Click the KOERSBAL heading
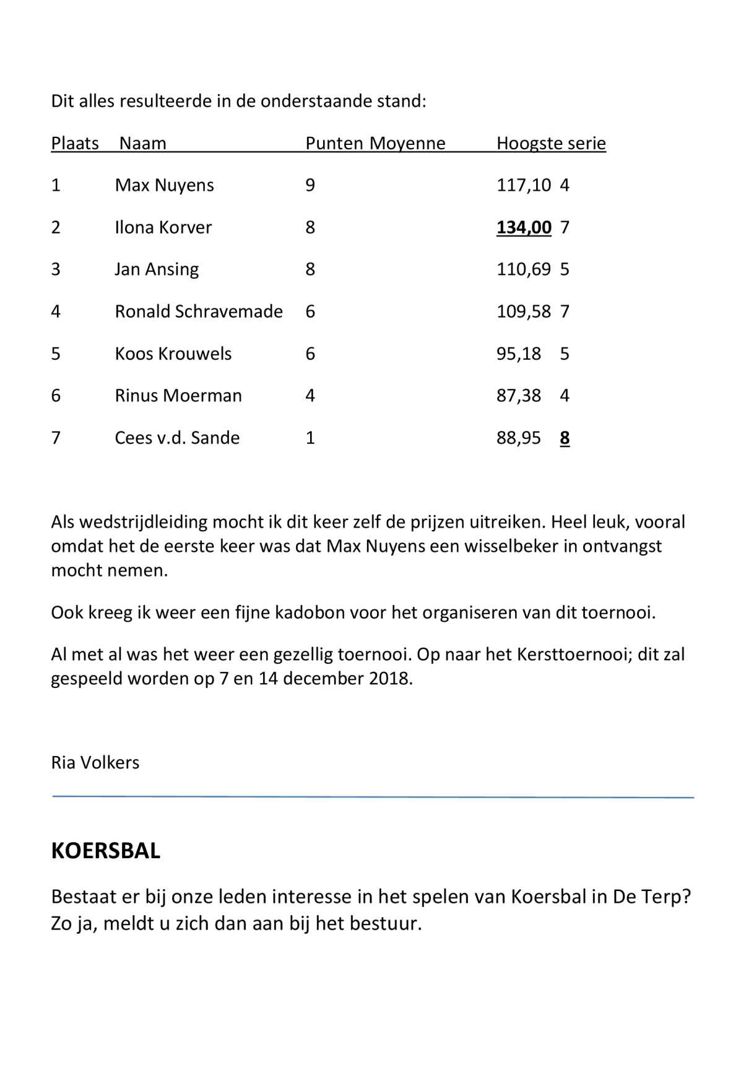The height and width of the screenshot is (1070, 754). [105, 851]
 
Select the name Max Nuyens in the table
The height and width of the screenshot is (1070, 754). [164, 185]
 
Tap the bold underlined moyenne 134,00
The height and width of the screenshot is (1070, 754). [524, 227]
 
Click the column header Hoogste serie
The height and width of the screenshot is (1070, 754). [551, 143]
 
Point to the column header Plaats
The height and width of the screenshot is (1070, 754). [75, 143]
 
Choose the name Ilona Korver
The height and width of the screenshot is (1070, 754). [163, 227]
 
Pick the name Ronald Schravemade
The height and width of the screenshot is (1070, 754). [199, 311]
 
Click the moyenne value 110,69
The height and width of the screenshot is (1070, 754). [524, 269]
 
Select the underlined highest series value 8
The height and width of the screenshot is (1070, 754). [565, 438]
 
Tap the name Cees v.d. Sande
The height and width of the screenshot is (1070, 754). [177, 438]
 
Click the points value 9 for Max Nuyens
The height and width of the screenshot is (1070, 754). [310, 185]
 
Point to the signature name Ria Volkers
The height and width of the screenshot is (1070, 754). [95, 762]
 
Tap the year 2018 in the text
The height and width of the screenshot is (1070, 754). [390, 679]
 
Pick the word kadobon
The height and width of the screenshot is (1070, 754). [310, 613]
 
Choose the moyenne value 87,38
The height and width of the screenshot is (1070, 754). [519, 396]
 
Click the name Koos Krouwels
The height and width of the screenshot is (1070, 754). [173, 354]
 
